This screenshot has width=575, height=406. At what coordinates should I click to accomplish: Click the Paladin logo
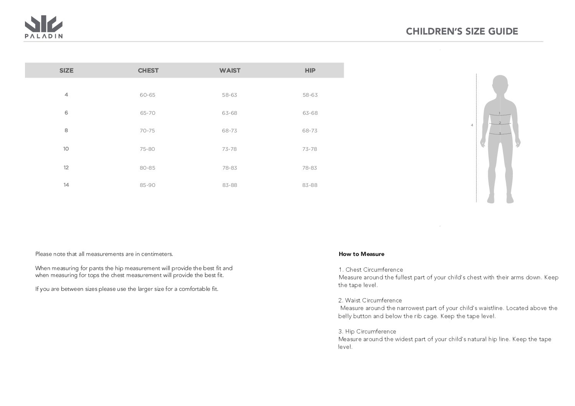pos(43,27)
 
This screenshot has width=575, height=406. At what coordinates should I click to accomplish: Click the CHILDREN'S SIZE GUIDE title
pos(462,31)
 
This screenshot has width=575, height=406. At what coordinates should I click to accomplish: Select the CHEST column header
pos(148,71)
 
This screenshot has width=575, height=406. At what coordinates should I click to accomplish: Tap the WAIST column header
pos(230,71)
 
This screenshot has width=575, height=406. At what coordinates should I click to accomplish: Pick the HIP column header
pos(310,71)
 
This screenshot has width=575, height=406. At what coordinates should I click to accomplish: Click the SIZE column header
pos(66,71)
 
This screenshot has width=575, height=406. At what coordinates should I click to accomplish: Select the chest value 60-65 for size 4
pos(147,95)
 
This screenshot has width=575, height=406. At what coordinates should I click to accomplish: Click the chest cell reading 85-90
pos(147,185)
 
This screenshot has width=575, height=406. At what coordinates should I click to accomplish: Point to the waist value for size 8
pos(229,131)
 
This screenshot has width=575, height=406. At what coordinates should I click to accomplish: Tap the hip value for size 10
pos(310,149)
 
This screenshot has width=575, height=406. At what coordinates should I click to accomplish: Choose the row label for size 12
pos(66,168)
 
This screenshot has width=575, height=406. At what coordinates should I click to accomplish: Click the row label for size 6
pos(66,113)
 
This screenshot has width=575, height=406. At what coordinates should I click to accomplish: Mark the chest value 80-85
pos(147,168)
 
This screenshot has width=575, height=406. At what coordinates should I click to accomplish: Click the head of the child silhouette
pos(500,84)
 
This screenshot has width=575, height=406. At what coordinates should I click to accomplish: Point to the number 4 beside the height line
pos(472,125)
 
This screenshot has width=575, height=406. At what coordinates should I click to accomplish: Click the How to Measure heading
pos(361,254)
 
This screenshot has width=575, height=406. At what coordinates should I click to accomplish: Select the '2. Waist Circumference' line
pos(370,300)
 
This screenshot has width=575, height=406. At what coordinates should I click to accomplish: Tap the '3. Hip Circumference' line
pos(367,332)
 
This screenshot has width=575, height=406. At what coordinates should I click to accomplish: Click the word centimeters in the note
pos(157,254)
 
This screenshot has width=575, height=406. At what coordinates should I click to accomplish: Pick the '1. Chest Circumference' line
pos(371,270)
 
